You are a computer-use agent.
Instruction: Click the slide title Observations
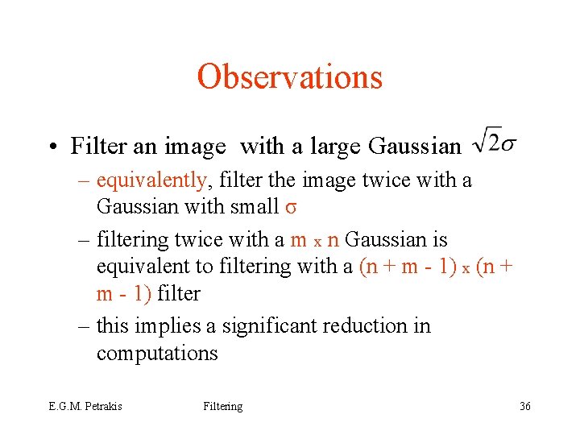[289, 77]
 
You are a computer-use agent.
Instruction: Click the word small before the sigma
[256, 207]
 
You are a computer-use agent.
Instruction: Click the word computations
[157, 354]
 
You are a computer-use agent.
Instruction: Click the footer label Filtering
[222, 406]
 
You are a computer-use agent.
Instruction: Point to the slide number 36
[524, 406]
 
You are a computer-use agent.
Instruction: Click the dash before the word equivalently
[85, 180]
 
